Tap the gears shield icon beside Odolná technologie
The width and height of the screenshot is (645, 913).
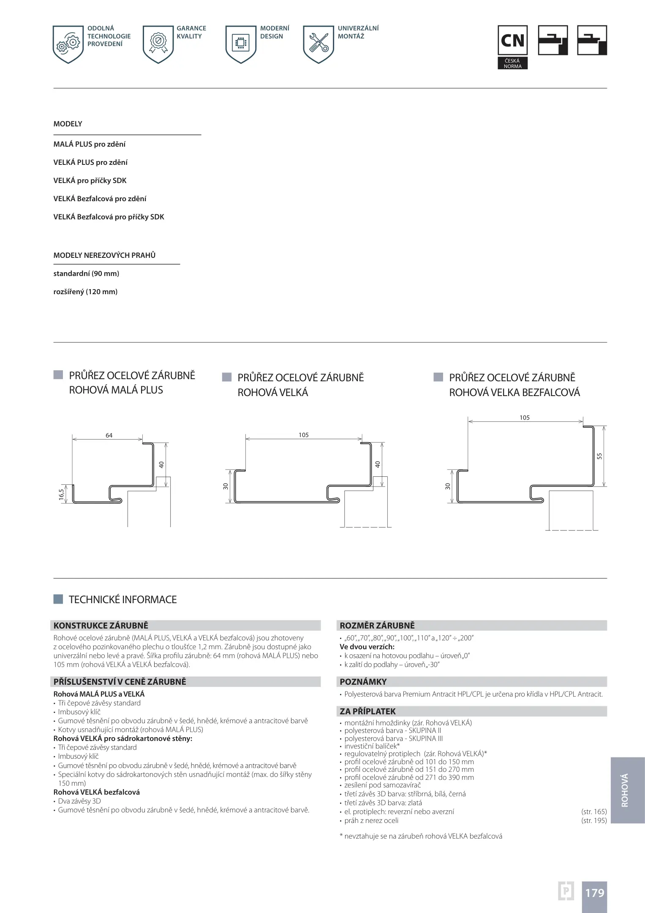tap(68, 44)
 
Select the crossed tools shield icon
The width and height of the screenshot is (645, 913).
tap(318, 44)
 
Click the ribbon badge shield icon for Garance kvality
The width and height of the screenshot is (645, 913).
tap(158, 44)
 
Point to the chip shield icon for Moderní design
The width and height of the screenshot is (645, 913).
tap(241, 44)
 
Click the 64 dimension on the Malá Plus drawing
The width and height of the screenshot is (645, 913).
tap(109, 435)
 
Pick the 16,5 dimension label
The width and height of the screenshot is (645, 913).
tap(62, 495)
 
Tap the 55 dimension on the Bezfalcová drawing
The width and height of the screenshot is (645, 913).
tap(599, 456)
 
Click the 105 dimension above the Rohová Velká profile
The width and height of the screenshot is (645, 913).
tap(303, 435)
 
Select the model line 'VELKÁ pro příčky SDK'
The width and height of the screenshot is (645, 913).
tap(90, 180)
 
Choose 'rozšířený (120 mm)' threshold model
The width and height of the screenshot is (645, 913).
tap(85, 292)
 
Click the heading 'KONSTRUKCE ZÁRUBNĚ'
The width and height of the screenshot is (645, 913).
tap(101, 626)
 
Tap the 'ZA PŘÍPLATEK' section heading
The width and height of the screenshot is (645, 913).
tap(367, 711)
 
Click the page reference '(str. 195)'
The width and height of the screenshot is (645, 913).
tap(593, 820)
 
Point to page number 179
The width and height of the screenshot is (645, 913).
tap(594, 893)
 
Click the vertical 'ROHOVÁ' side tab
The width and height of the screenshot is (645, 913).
tap(625, 790)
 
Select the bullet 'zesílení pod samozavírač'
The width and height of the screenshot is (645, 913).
tap(382, 785)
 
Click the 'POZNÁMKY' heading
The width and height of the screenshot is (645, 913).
tap(363, 682)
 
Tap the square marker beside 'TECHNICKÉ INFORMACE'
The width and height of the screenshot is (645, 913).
tap(58, 599)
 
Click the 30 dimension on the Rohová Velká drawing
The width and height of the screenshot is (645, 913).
tap(226, 486)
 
